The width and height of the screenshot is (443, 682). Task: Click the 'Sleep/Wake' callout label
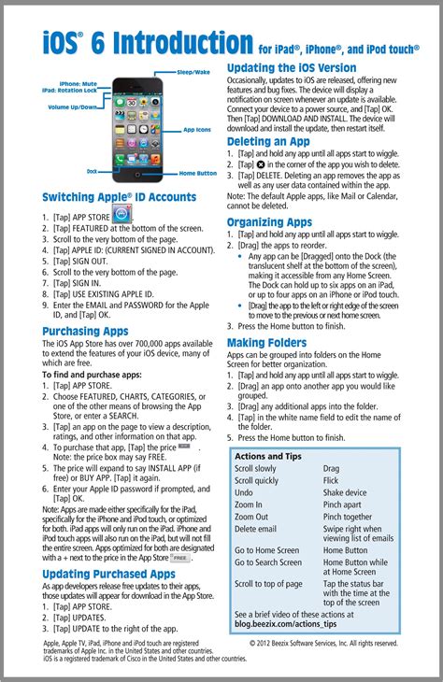193,72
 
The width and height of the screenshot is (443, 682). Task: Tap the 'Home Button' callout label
198,173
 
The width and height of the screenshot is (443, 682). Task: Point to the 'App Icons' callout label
197,130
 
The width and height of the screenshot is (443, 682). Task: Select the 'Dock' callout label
92,172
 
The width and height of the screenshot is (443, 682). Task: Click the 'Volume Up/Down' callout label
74,107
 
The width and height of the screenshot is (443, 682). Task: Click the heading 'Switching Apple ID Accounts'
119,197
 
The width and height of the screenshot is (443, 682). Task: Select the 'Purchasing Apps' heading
85,331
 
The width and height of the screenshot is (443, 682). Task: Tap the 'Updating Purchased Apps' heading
108,574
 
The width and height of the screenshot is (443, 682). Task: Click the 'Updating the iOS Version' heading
291,68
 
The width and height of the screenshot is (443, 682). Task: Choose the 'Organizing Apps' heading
269,222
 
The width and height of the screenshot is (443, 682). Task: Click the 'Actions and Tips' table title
268,456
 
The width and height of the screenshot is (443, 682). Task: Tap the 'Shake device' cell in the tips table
345,492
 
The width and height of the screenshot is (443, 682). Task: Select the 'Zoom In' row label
248,504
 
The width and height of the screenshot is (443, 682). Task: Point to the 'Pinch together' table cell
348,517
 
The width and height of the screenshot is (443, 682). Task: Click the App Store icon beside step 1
122,216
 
